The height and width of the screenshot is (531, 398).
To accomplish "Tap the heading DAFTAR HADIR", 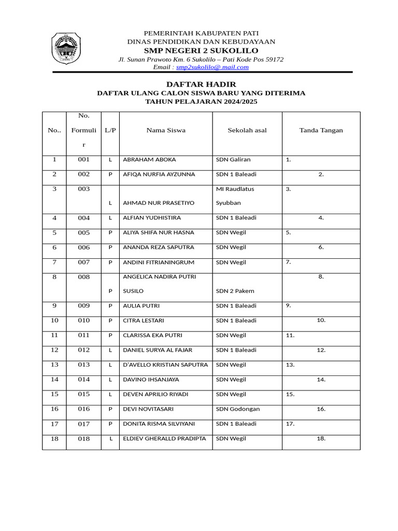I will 201,84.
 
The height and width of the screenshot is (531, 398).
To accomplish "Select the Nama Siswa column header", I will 166,130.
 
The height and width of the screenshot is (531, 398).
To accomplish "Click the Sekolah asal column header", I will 247,130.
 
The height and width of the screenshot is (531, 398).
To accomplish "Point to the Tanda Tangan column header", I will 321,130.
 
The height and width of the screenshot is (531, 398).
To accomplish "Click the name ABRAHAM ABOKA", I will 149,160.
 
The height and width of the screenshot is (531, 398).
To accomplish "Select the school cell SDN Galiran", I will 233,160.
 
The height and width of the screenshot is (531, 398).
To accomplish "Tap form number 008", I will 84,277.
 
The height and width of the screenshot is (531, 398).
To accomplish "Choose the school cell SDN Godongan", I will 238,409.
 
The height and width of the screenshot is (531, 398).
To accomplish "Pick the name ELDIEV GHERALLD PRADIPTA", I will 164,439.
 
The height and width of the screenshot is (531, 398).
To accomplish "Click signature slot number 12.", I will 321,350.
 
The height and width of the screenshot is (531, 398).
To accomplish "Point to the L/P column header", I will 110,130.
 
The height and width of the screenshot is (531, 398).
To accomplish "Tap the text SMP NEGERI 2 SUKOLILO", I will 201,51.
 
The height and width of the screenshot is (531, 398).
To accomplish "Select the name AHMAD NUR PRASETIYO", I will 159,203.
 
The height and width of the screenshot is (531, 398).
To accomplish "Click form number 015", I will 84,394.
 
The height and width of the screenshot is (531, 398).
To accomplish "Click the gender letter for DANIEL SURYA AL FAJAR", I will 110,350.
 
